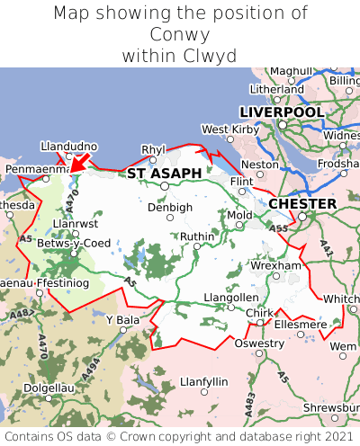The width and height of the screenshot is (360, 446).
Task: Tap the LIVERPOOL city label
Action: [281, 111]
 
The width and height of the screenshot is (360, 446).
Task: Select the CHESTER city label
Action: [302, 204]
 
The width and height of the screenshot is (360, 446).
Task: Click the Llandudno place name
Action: [68, 147]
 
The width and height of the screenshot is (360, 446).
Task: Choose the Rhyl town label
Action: [154, 149]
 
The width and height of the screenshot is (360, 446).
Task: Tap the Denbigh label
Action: [170, 207]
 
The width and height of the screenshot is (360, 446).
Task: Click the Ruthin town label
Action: [198, 236]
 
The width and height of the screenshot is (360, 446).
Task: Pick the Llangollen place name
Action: [231, 298]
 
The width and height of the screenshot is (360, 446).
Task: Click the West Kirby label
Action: [229, 129]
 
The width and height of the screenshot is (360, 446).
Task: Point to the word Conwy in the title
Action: [179, 34]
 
